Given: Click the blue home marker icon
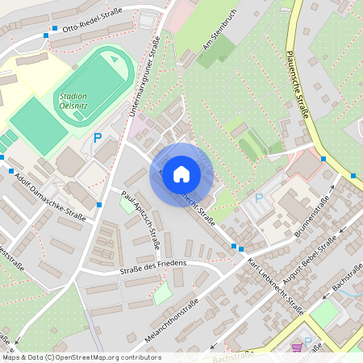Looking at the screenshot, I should (x=181, y=174).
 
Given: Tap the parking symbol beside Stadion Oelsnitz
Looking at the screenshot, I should (x=98, y=138).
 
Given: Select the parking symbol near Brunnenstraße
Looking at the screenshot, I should (x=259, y=198).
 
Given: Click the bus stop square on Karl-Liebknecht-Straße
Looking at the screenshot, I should (x=234, y=246).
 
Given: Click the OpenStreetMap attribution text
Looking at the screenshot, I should (x=81, y=357).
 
